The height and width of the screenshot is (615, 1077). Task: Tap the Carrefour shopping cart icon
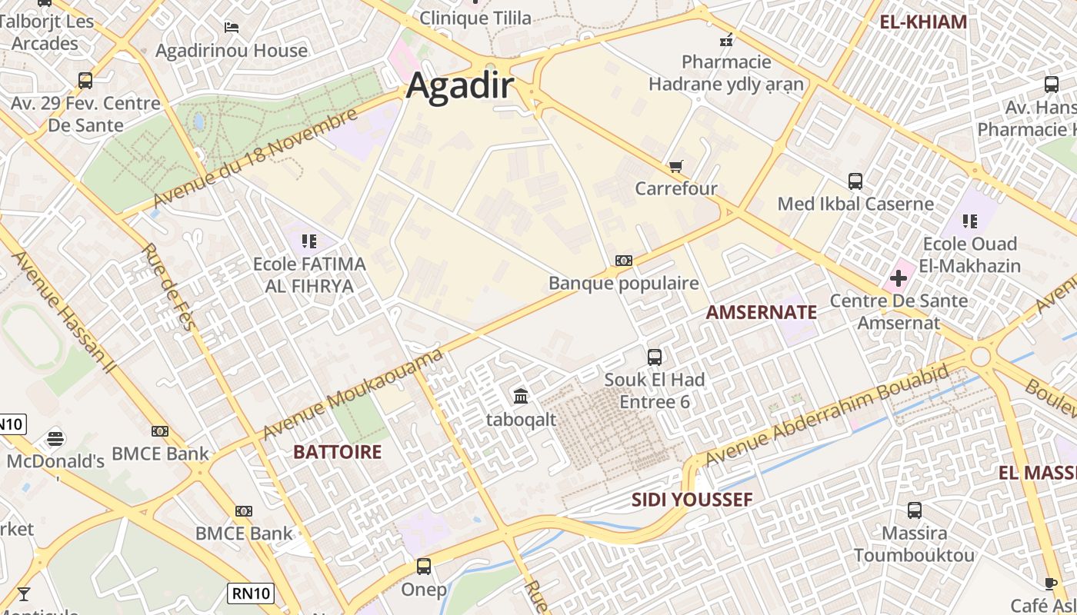676,166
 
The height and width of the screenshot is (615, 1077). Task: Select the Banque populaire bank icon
624,261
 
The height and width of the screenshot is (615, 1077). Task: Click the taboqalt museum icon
521,397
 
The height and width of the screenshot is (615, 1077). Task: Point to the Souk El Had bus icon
655,357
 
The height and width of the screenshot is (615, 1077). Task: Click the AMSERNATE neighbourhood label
761,312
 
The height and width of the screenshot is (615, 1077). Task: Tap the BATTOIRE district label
337,452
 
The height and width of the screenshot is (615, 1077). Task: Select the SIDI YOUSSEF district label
692,500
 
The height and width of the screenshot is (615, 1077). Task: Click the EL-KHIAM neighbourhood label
923,22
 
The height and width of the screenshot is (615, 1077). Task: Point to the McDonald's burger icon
55,439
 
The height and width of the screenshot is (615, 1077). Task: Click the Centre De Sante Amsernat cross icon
898,278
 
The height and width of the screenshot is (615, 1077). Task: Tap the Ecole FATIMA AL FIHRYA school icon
309,241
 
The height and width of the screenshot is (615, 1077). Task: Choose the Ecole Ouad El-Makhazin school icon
970,221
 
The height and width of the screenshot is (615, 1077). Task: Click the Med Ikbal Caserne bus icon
855,181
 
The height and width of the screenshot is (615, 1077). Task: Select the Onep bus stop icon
423,567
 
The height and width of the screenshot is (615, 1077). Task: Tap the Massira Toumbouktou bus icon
914,510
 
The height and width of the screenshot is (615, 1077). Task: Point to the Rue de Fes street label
168,287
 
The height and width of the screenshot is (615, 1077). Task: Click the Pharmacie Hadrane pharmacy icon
726,40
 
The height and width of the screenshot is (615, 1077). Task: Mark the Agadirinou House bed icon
231,28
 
